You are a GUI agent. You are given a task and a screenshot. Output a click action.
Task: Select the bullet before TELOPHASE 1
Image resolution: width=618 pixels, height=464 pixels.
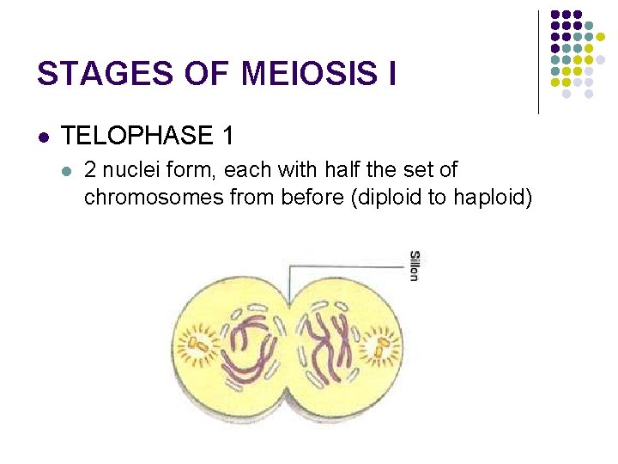click(x=44, y=137)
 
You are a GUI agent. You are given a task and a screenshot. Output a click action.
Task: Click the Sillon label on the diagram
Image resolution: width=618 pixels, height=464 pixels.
click(x=414, y=266)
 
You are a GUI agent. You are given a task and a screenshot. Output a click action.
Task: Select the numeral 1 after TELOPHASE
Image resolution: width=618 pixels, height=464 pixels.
click(x=227, y=136)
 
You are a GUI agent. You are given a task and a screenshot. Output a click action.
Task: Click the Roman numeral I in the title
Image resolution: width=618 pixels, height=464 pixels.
click(x=391, y=74)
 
